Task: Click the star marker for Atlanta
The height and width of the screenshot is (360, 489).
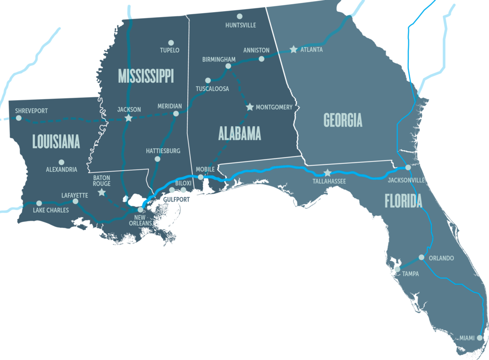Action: click(x=293, y=49)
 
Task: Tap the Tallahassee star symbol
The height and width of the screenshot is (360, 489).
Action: click(x=328, y=173)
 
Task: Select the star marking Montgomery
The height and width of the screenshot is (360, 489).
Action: click(x=250, y=107)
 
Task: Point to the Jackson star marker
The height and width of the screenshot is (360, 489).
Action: click(x=129, y=118)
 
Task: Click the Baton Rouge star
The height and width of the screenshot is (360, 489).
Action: click(x=101, y=193)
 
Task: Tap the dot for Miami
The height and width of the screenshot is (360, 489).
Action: click(x=480, y=337)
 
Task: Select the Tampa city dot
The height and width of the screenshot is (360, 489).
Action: click(x=397, y=269)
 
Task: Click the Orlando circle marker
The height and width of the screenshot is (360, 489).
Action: click(x=422, y=257)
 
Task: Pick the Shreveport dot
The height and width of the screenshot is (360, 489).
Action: click(x=19, y=118)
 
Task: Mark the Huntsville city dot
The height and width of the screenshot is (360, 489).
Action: click(x=240, y=16)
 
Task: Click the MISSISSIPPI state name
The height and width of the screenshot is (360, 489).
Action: click(x=146, y=76)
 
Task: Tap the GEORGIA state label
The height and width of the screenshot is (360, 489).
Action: click(x=343, y=120)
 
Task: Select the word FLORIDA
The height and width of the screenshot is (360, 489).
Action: click(x=403, y=201)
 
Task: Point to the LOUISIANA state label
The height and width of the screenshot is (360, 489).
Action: click(x=56, y=142)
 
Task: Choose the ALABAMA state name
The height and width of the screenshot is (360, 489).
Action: click(x=240, y=133)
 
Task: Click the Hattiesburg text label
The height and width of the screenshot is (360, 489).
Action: click(x=163, y=151)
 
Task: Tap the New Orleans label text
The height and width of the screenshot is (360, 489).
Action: click(x=140, y=220)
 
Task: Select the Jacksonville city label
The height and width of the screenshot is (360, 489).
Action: click(x=406, y=180)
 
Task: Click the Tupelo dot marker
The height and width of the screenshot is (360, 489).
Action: click(x=171, y=43)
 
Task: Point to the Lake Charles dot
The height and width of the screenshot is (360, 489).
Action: click(x=39, y=203)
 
